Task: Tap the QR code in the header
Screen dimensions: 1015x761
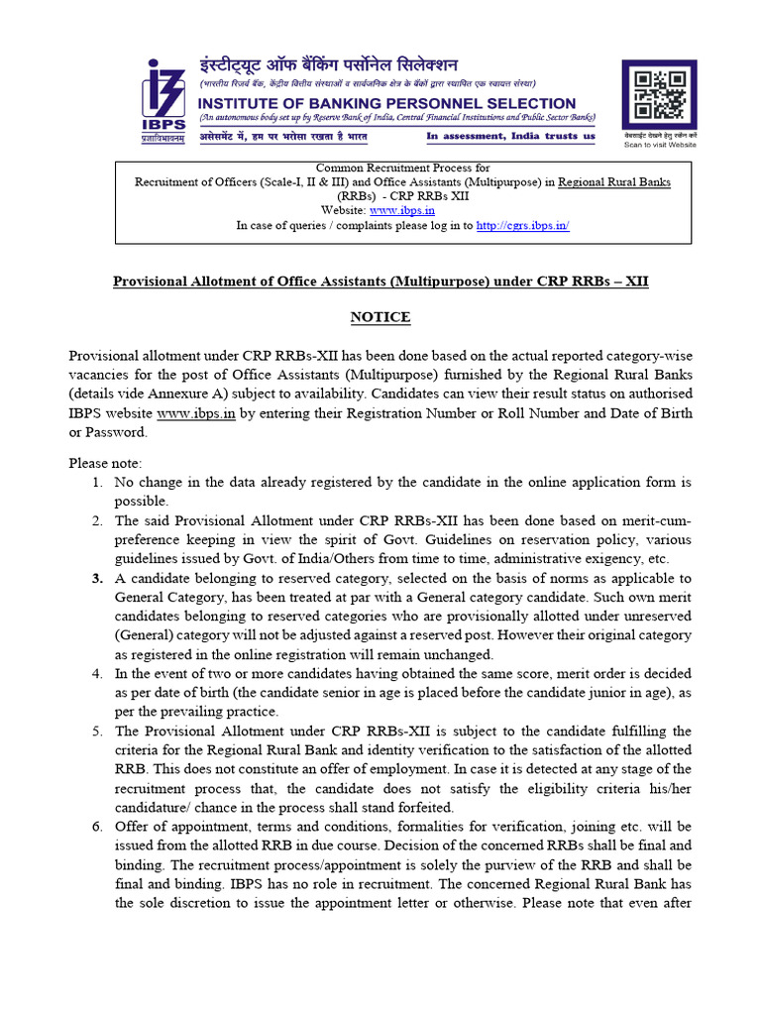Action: click(659, 96)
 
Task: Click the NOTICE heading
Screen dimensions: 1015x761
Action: click(380, 317)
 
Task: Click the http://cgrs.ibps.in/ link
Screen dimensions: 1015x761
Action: click(522, 225)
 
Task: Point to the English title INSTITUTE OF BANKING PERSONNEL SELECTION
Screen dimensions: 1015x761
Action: click(387, 103)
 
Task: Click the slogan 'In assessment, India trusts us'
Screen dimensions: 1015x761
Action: click(511, 136)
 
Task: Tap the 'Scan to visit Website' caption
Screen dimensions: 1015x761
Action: click(659, 145)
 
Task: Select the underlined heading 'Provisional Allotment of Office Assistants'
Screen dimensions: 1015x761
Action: click(380, 282)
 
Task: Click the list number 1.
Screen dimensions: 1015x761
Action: click(97, 482)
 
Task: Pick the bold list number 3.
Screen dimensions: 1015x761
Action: click(97, 578)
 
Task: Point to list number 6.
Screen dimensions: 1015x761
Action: click(97, 826)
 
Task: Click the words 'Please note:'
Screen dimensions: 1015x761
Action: click(106, 463)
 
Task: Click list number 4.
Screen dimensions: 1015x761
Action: click(97, 673)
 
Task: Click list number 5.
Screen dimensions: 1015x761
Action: click(97, 731)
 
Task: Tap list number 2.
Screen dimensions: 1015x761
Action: click(97, 520)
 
